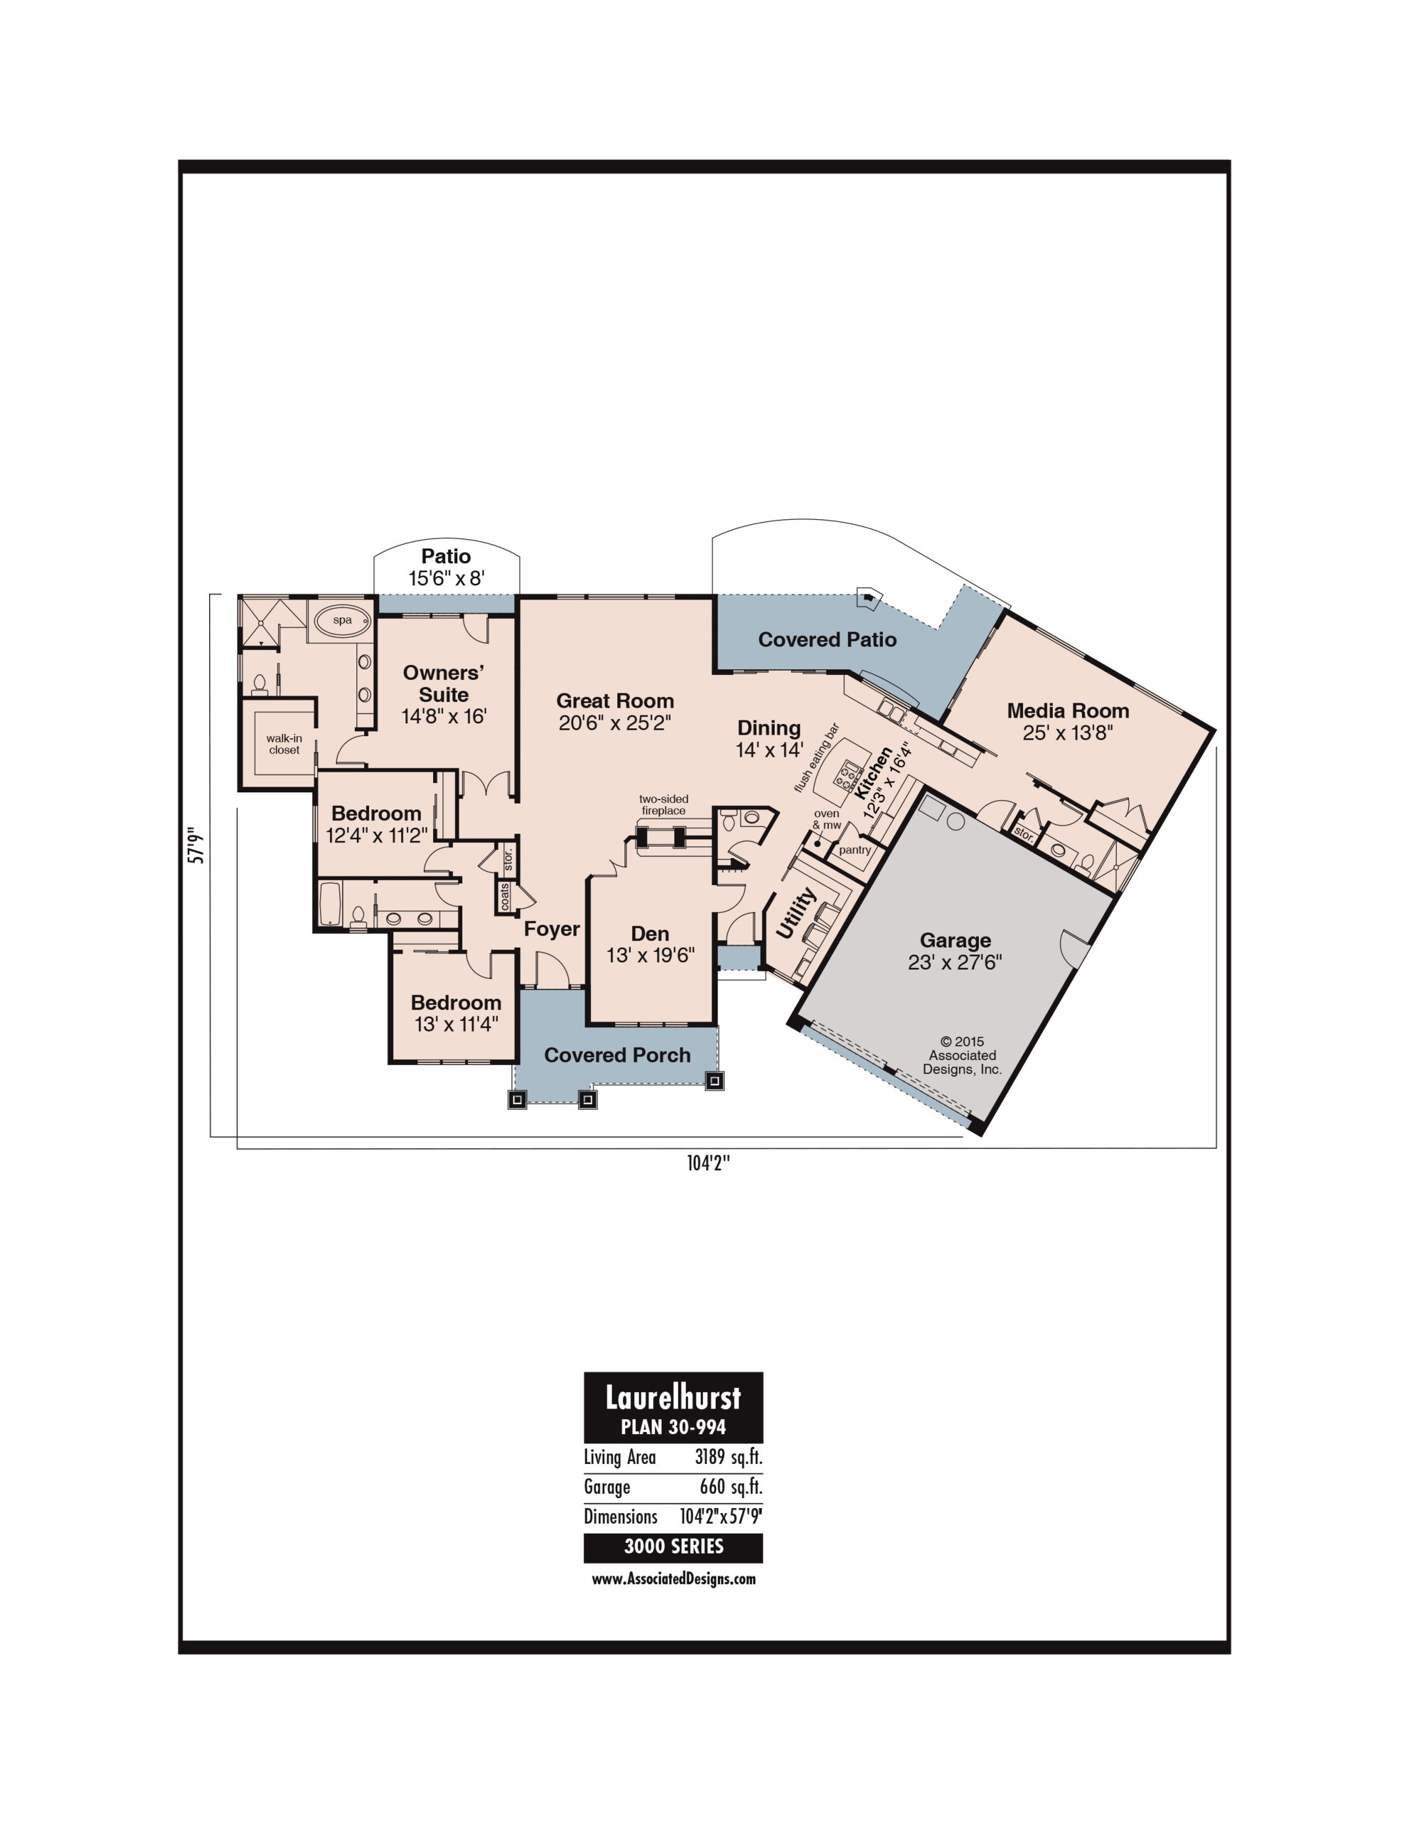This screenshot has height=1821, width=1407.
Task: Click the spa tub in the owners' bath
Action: [x=342, y=620]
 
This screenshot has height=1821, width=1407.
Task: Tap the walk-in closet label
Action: [x=285, y=744]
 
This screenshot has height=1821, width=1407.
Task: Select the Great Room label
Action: [x=615, y=701]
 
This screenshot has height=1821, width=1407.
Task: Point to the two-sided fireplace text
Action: [x=664, y=805]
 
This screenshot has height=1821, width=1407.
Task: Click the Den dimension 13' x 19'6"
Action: [x=651, y=955]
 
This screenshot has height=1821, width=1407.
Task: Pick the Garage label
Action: [x=955, y=940]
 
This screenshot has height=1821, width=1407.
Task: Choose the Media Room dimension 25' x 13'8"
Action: [x=1068, y=733]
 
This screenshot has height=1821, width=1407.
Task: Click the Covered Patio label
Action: [x=827, y=639]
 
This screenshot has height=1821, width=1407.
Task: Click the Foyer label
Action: [x=551, y=929]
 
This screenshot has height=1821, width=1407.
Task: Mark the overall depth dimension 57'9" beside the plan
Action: [x=198, y=844]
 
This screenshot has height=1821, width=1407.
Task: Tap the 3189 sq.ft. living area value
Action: [x=729, y=1457]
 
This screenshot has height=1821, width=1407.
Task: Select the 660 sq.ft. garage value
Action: [x=731, y=1487]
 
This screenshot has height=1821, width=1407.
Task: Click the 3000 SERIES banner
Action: [x=674, y=1546]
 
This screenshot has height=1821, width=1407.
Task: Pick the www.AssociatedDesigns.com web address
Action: [x=674, y=1578]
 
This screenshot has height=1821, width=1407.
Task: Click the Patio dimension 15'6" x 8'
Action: [x=447, y=578]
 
